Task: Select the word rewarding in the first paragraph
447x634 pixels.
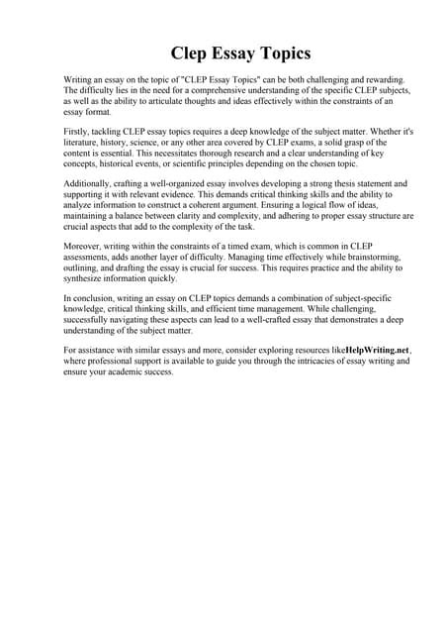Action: (x=360, y=78)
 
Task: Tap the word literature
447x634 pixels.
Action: (x=86, y=142)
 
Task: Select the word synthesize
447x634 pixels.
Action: (x=87, y=278)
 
